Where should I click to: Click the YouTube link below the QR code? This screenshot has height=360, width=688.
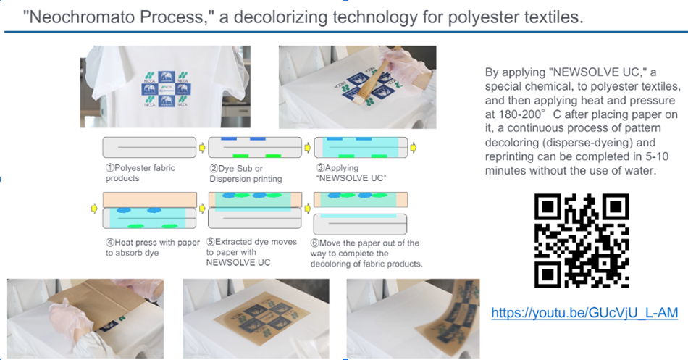pyautogui.click(x=584, y=313)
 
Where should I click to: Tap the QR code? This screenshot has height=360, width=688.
pyautogui.click(x=582, y=240)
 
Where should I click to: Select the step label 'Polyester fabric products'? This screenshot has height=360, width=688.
pyautogui.click(x=140, y=173)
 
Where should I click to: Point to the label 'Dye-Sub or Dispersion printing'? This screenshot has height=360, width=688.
pyautogui.click(x=246, y=173)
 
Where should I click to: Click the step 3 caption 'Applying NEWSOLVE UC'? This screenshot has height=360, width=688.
pyautogui.click(x=351, y=173)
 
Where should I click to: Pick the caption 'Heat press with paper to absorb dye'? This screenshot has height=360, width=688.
pyautogui.click(x=152, y=248)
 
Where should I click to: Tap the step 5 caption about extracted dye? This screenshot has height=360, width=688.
pyautogui.click(x=251, y=252)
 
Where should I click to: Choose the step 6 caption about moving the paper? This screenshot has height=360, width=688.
pyautogui.click(x=366, y=254)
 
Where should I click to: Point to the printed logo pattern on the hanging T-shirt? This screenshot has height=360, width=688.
pyautogui.click(x=165, y=88)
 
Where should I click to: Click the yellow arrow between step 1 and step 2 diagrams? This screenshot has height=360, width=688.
pyautogui.click(x=202, y=148)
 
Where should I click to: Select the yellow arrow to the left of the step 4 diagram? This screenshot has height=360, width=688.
pyautogui.click(x=94, y=208)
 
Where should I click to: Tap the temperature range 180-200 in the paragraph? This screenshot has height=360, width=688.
pyautogui.click(x=520, y=114)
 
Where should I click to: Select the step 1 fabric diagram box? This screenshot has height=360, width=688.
pyautogui.click(x=149, y=147)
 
